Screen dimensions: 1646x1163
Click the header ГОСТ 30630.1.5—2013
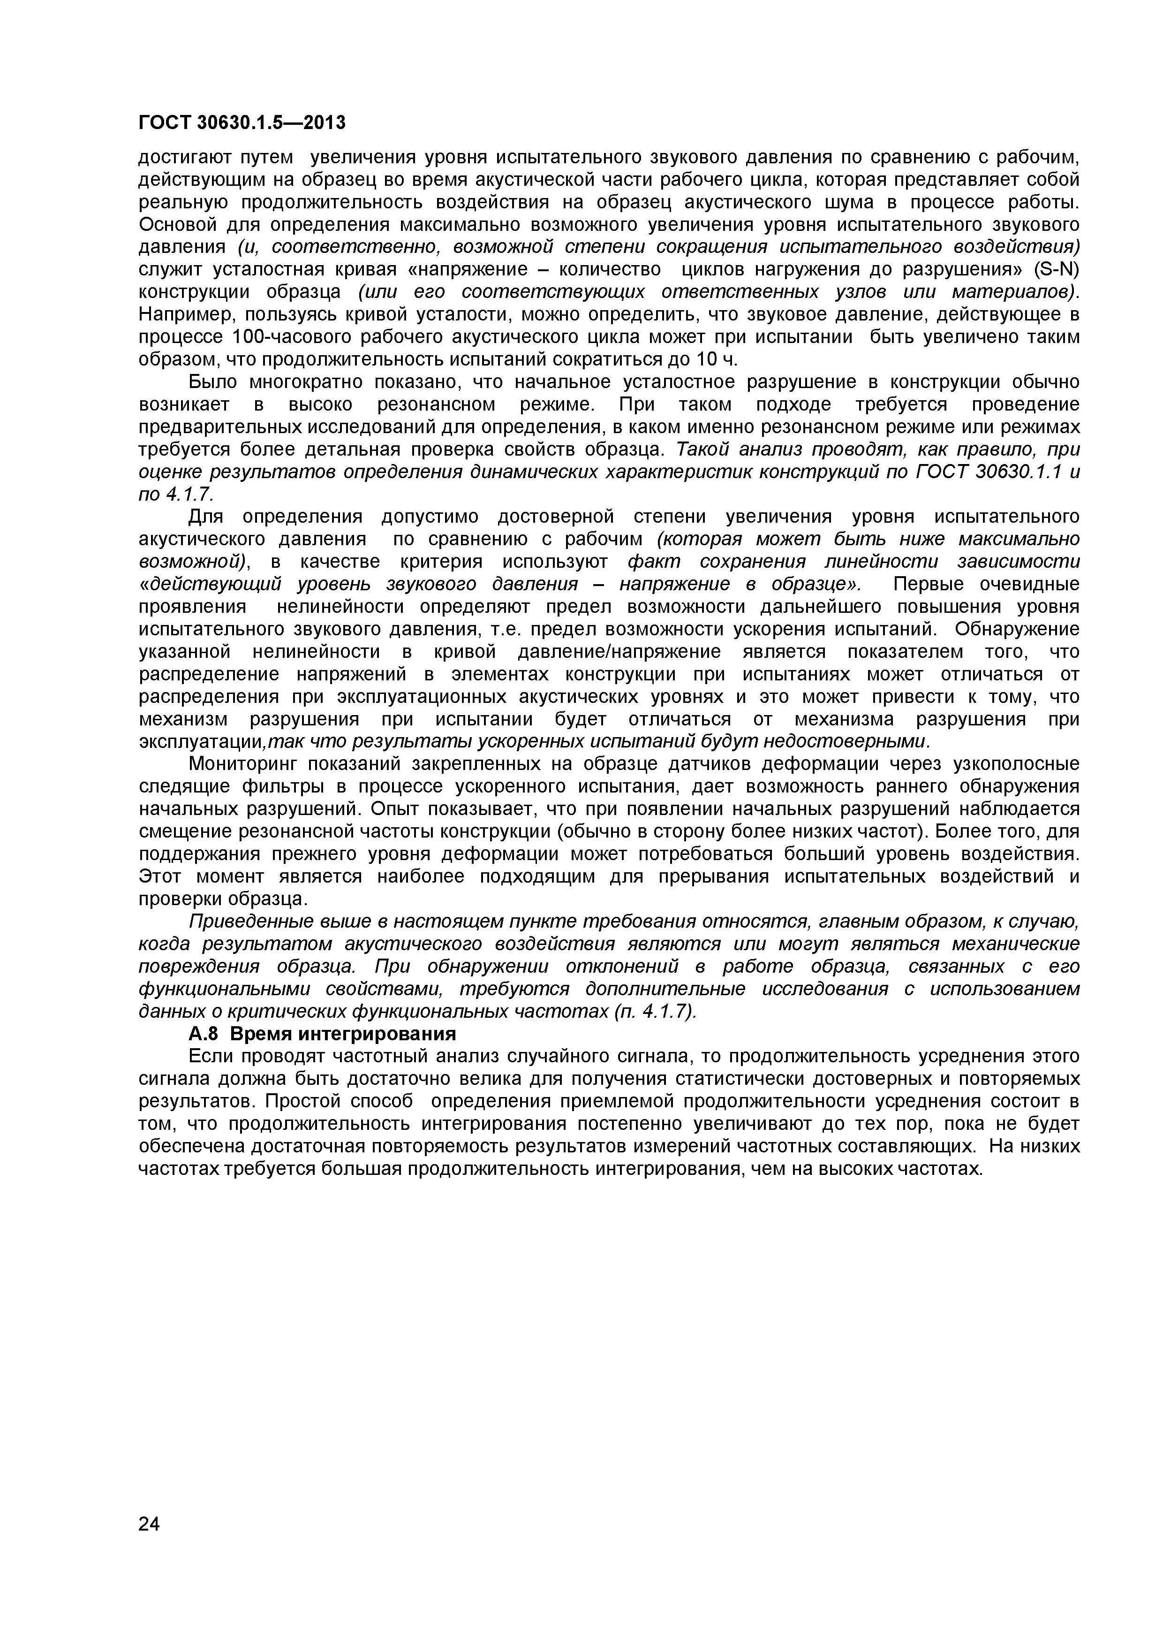pyautogui.click(x=242, y=123)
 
